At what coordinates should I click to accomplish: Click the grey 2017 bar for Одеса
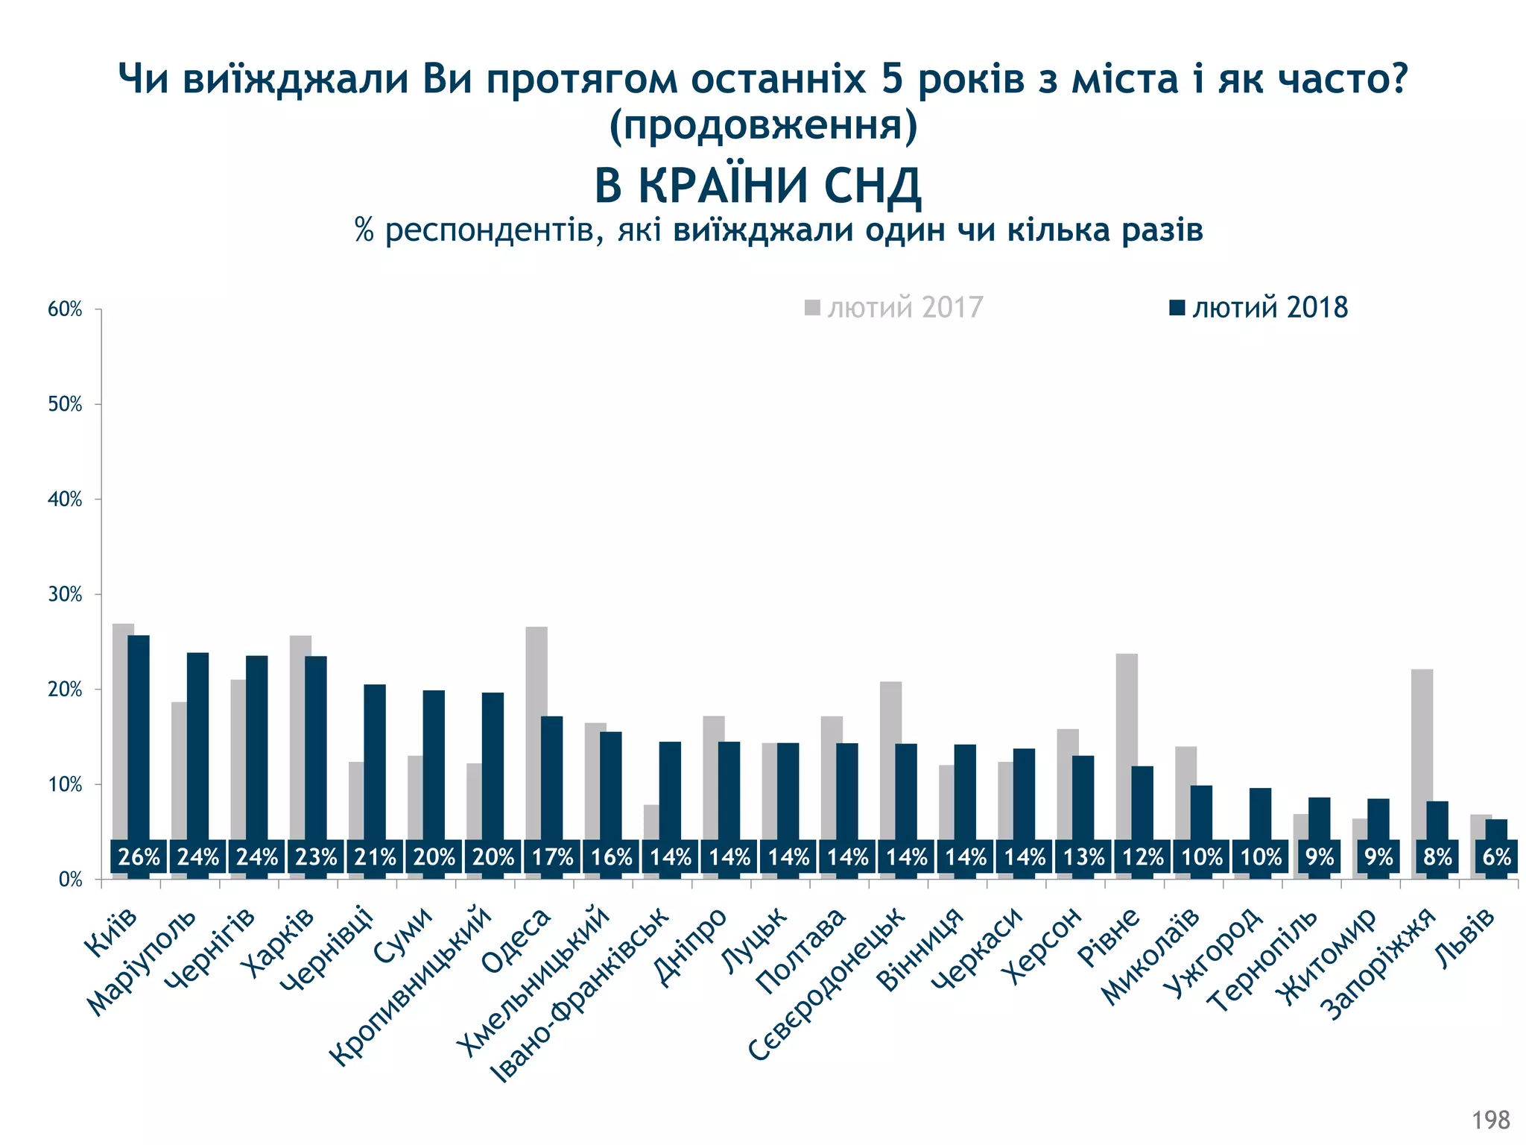(x=536, y=731)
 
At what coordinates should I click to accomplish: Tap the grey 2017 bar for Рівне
(x=1126, y=745)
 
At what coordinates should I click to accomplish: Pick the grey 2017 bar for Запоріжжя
(x=1421, y=753)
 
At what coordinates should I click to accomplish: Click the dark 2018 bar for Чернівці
(x=375, y=760)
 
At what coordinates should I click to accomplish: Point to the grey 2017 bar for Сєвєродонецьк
(x=890, y=760)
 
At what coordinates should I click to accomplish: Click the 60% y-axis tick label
(x=65, y=309)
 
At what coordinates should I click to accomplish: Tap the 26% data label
(x=139, y=857)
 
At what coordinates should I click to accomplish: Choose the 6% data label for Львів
(x=1495, y=857)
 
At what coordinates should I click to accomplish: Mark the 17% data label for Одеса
(x=552, y=857)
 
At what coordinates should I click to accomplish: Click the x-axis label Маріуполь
(x=142, y=962)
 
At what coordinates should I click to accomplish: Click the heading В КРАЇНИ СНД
(x=758, y=186)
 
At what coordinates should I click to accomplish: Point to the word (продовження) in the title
(x=763, y=125)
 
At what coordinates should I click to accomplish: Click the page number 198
(x=1490, y=1120)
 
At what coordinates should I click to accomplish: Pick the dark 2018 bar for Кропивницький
(x=493, y=768)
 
